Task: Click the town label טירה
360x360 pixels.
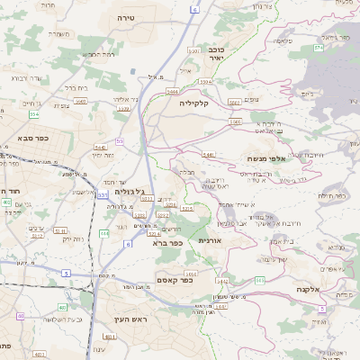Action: [125, 17]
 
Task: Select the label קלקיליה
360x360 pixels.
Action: [193, 103]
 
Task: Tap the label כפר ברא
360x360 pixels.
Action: [167, 243]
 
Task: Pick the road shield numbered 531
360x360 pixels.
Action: [103, 194]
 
